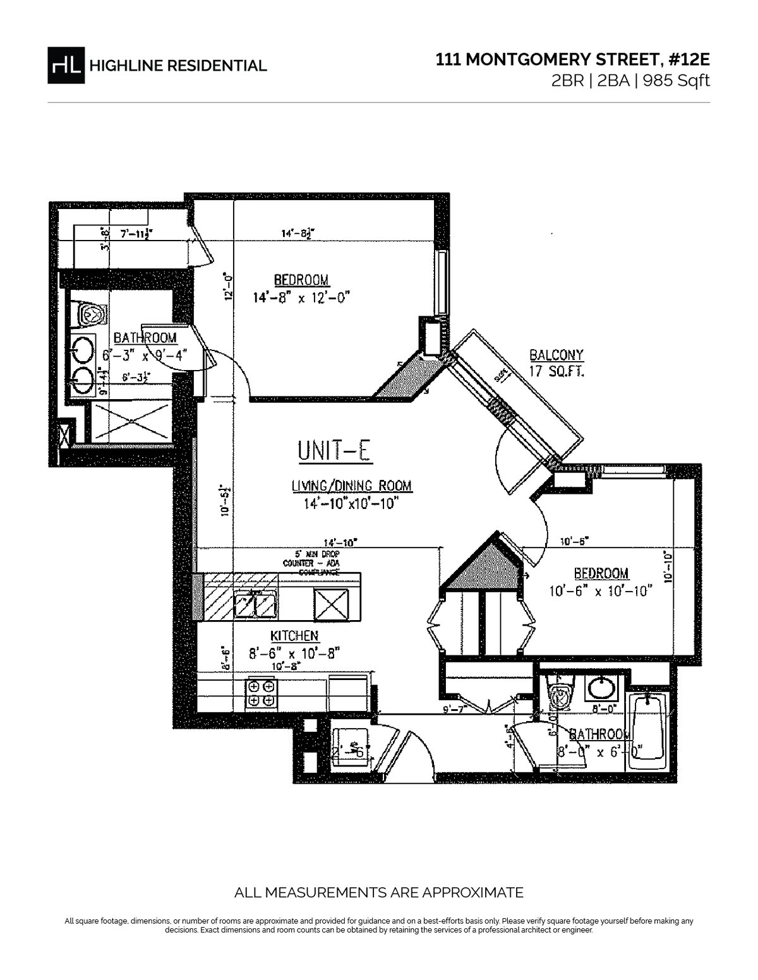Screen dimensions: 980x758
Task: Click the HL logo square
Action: [x=66, y=65]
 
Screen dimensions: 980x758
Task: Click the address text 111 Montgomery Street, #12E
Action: [x=573, y=60]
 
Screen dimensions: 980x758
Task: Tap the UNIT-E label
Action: [x=337, y=451]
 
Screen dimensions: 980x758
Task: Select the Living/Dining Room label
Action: [x=351, y=486]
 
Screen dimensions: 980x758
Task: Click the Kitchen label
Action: [x=294, y=636]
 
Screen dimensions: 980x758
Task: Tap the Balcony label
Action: [x=556, y=355]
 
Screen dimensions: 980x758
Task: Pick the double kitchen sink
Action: [x=256, y=605]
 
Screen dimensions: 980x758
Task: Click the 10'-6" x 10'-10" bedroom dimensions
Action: [x=600, y=591]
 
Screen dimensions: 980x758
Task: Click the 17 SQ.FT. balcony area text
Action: [x=556, y=371]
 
